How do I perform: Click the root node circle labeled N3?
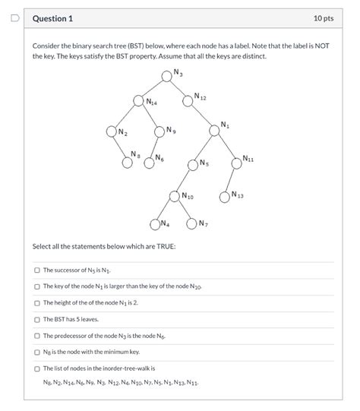coord(167,75)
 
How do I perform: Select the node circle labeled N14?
coord(139,100)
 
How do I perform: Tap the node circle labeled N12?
coord(188,99)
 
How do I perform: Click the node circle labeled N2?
coord(112,131)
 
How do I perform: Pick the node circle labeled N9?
coord(160,131)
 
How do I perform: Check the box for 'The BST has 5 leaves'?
coord(37,319)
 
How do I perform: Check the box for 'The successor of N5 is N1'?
coord(37,270)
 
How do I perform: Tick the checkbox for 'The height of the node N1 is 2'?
coord(37,302)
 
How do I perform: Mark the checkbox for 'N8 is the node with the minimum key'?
coord(37,352)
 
